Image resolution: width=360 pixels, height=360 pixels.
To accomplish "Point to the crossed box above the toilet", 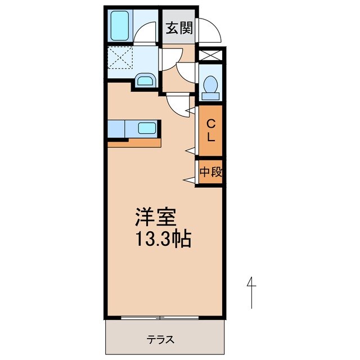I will pos(210,55).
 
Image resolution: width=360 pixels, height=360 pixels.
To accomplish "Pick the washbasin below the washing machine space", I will pos(145,80).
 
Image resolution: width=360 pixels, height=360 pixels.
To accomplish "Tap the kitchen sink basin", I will pos(147,128).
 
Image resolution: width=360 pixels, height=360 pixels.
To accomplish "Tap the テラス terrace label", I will pos(161,340).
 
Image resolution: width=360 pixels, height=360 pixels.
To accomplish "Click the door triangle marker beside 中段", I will pos(188,179).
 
